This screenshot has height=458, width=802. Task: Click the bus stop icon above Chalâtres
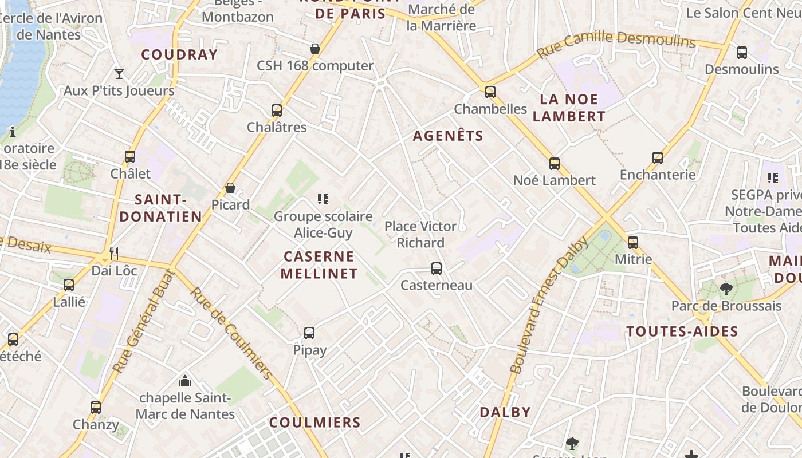[277, 110]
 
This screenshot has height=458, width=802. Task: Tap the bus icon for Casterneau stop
[437, 268]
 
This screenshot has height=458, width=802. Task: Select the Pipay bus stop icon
[309, 333]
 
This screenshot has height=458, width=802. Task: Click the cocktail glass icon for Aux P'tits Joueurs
[119, 73]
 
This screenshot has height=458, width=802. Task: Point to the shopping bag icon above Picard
[230, 187]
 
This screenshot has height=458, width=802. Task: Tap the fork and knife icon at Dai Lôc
[114, 253]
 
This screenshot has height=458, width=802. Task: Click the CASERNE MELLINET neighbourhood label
[319, 264]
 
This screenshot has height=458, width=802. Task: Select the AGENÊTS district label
[448, 136]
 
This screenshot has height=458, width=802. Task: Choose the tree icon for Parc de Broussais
[726, 289]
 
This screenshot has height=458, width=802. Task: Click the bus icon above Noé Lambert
[554, 163]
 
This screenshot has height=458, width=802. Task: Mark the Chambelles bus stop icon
[490, 92]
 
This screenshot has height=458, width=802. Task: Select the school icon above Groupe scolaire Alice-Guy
[323, 199]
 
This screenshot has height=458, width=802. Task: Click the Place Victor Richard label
[420, 234]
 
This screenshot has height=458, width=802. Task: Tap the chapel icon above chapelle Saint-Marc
[185, 380]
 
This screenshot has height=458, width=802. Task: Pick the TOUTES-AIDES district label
[682, 331]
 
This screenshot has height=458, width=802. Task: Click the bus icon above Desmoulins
[741, 53]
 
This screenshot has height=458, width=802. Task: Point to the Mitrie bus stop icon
[633, 242]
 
